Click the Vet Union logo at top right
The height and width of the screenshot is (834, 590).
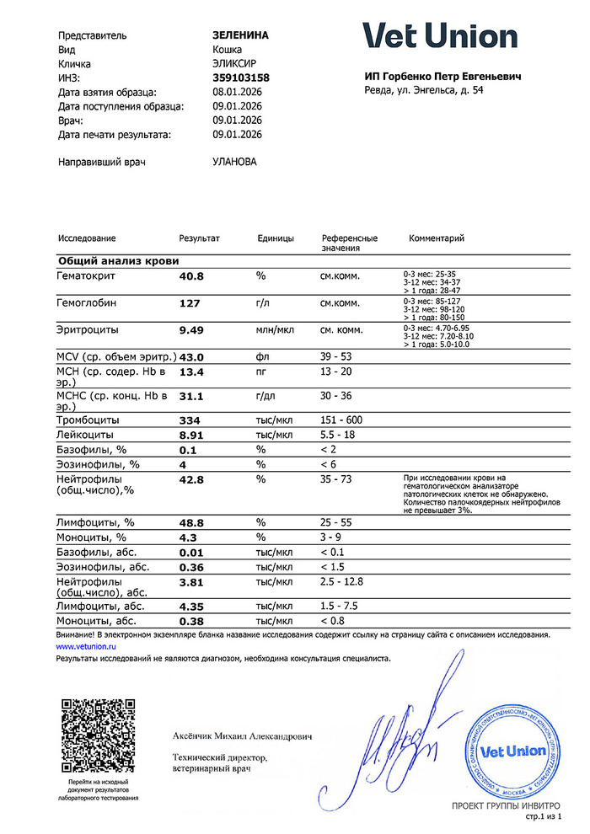coord(440,35)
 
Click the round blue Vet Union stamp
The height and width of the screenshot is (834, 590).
coord(512,750)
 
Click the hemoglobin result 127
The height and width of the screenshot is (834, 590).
coord(190,303)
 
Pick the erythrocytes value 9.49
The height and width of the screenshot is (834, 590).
coord(191,330)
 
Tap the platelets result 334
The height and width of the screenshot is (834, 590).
coord(190,420)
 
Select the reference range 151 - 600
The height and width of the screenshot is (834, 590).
coord(341,420)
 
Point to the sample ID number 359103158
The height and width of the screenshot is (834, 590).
coord(241,78)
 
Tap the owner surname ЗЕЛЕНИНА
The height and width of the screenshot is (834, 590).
coord(240,35)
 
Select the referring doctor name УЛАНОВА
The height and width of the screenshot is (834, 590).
coord(235,162)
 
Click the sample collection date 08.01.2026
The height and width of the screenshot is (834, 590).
coord(238,92)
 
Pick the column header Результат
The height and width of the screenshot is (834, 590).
coord(199,238)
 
